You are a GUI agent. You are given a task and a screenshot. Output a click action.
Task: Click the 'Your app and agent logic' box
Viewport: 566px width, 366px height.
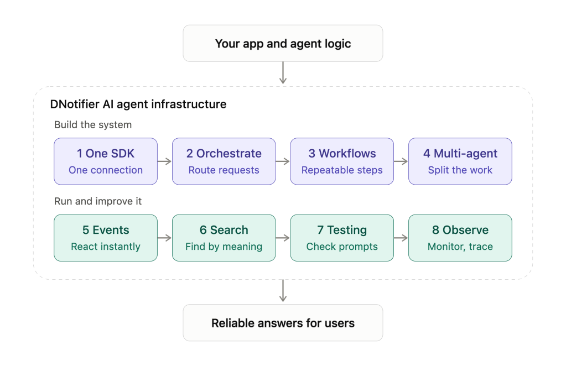[x=283, y=43]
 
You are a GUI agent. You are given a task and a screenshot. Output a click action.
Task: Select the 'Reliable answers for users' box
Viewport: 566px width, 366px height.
[x=283, y=323]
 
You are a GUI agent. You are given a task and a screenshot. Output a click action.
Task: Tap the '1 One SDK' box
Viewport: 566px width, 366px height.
[x=106, y=161]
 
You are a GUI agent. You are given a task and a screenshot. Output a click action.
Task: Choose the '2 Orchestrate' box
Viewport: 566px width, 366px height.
[x=224, y=161]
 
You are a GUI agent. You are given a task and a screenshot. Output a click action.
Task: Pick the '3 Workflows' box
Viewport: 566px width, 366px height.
[x=342, y=161]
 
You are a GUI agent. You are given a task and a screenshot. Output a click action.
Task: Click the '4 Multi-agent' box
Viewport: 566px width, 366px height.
[x=460, y=161]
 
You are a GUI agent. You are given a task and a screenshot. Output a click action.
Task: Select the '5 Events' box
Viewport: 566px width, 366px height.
[x=106, y=238]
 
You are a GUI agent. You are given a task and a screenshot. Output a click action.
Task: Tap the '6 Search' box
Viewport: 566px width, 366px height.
[x=224, y=238]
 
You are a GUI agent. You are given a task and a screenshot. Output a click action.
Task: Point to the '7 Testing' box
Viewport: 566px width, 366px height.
[x=342, y=238]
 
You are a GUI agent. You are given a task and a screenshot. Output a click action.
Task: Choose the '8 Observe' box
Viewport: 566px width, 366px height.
[x=460, y=238]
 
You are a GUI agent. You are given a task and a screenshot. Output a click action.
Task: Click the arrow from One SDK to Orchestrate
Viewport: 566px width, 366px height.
[x=165, y=161]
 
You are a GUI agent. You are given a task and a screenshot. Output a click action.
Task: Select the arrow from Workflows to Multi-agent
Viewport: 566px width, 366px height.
[x=401, y=161]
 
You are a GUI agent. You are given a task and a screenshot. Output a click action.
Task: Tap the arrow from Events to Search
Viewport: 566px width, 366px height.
[x=165, y=238]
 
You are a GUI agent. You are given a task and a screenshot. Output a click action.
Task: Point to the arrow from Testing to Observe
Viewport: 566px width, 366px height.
[x=401, y=238]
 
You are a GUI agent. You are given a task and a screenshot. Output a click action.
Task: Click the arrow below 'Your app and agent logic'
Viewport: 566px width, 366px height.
[x=283, y=73]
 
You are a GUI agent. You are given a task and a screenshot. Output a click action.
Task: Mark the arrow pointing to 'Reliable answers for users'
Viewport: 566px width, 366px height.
[x=283, y=291]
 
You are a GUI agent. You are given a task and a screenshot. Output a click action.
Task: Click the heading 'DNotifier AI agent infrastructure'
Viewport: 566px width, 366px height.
[x=138, y=104]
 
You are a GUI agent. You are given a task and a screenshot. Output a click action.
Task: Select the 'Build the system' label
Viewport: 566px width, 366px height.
[x=93, y=125]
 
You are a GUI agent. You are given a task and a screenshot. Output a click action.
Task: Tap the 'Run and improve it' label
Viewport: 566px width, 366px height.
[x=98, y=201]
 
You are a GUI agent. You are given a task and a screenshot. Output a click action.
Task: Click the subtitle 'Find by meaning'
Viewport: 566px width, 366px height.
[x=224, y=247]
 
